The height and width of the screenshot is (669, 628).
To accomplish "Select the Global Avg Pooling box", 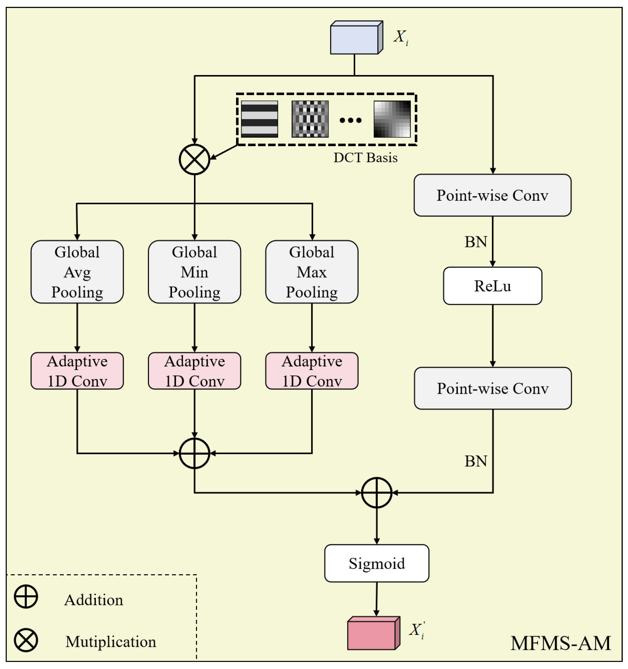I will tap(77, 272).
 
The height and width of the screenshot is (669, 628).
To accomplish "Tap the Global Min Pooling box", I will tap(194, 272).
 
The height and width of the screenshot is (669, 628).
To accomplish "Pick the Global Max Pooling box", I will tap(312, 272).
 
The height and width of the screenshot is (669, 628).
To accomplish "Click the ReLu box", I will tap(492, 286).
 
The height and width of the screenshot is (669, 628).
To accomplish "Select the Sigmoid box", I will tap(377, 563).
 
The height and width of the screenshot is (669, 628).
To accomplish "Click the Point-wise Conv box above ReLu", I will tap(492, 195).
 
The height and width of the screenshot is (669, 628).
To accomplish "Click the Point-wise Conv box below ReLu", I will tap(493, 388).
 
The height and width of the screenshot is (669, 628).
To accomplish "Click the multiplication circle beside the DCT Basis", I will tap(194, 159).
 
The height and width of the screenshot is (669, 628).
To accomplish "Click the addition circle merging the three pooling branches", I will tap(194, 453).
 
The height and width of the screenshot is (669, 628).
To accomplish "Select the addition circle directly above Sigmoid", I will tap(377, 493).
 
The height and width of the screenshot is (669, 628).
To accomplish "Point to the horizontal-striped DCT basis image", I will tap(259, 119).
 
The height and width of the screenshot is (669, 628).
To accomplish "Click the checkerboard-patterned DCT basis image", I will tap(310, 119).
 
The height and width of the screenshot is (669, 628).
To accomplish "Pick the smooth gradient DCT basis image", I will tap(392, 119).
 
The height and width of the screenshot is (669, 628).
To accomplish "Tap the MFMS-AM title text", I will tap(560, 643).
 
